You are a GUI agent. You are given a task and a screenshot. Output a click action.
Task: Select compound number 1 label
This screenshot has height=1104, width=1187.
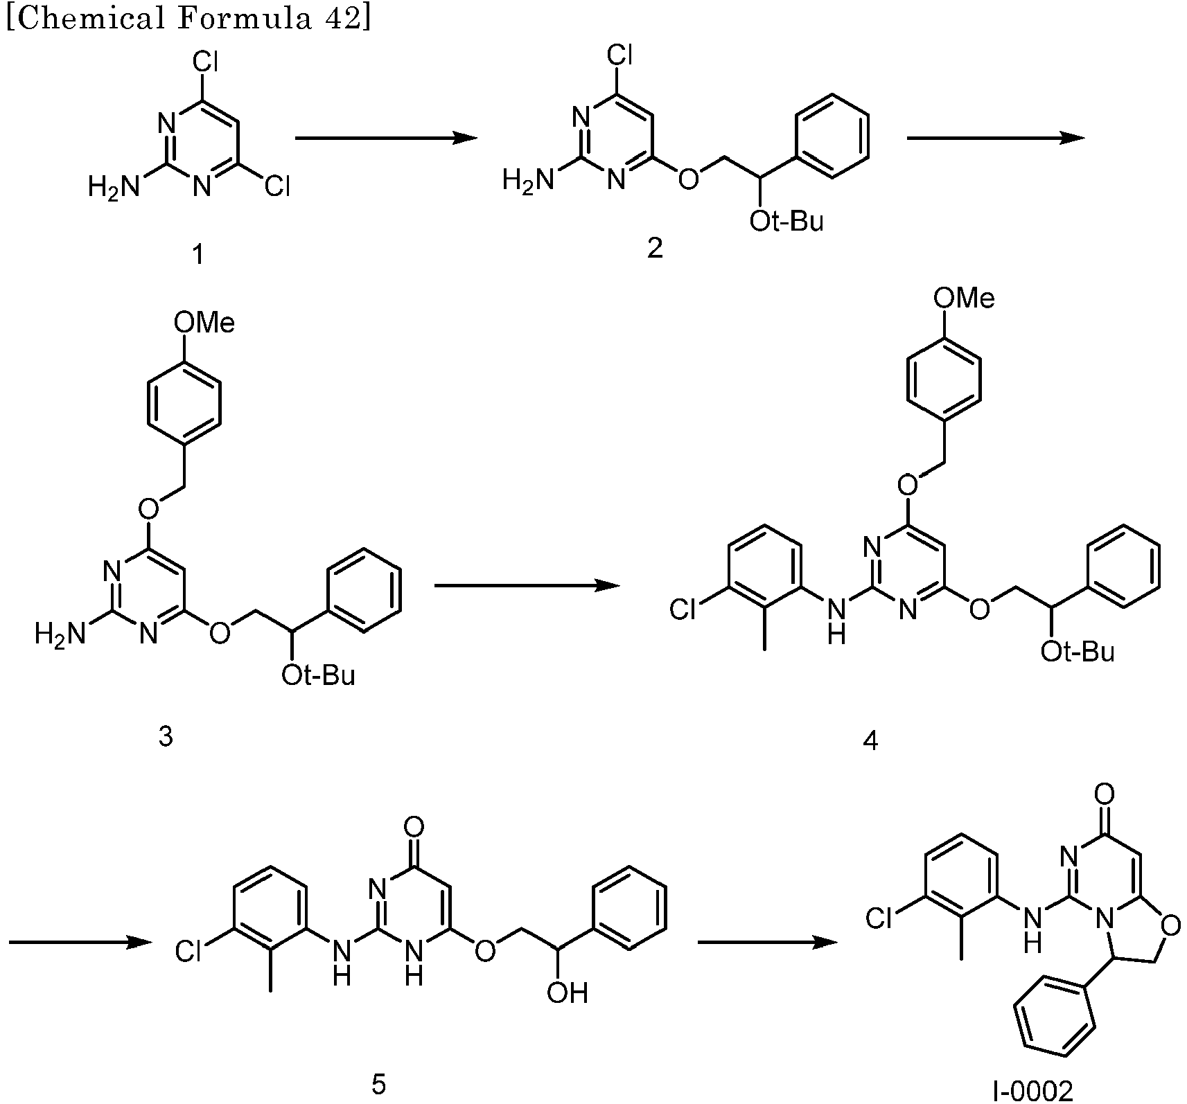pos(199,256)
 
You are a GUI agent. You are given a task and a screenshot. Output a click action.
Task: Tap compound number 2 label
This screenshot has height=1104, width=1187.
pos(655,247)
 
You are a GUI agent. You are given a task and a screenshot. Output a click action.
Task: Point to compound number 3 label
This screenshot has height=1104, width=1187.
pos(166,736)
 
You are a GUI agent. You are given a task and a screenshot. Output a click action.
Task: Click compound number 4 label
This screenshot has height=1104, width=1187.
pos(870,741)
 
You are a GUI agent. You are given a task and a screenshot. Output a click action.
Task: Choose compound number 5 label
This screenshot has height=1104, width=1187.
pos(378,1084)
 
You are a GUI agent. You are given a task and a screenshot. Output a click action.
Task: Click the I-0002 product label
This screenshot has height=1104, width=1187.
pos(1033,1092)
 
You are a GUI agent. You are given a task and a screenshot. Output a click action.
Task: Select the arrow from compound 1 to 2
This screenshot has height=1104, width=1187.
pos(387,139)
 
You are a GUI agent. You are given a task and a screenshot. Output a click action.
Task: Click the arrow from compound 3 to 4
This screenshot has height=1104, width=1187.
pos(527,586)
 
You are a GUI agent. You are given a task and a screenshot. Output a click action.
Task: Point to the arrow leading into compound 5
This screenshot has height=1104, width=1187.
pos(80,943)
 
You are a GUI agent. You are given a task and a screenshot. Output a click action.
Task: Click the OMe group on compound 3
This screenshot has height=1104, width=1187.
pos(204,323)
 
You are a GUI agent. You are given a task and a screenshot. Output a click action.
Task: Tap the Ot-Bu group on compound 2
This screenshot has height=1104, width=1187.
pos(786,222)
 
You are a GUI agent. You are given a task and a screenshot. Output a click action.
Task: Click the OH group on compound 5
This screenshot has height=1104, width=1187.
pos(567,993)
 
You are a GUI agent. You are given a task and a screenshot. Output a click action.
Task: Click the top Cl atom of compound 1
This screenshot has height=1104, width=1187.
pos(205,64)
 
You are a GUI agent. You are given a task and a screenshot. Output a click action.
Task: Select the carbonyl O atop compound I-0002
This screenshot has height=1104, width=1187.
pos(1106,792)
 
